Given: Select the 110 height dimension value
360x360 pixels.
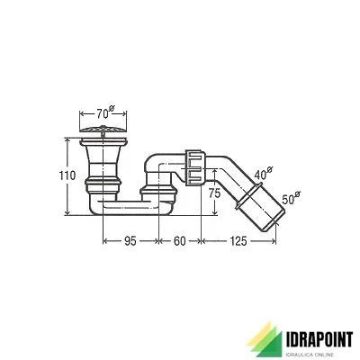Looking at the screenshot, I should coord(55,176).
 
